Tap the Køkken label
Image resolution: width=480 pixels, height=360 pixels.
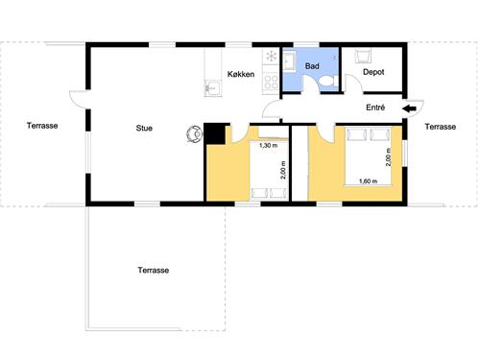point(240,75)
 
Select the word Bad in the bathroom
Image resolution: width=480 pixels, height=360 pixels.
point(313,67)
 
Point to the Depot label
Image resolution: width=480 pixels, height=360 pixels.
point(373,71)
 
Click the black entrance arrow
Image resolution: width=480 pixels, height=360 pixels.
point(408,108)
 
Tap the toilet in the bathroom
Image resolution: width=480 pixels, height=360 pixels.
point(326,82)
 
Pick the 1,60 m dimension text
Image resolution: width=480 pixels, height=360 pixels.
point(367,181)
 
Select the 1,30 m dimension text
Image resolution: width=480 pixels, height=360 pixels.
point(268,145)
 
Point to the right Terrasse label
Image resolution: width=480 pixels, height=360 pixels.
point(441,126)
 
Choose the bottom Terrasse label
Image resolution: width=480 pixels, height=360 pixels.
point(154,270)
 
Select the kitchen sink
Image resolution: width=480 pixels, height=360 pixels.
point(213,89)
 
